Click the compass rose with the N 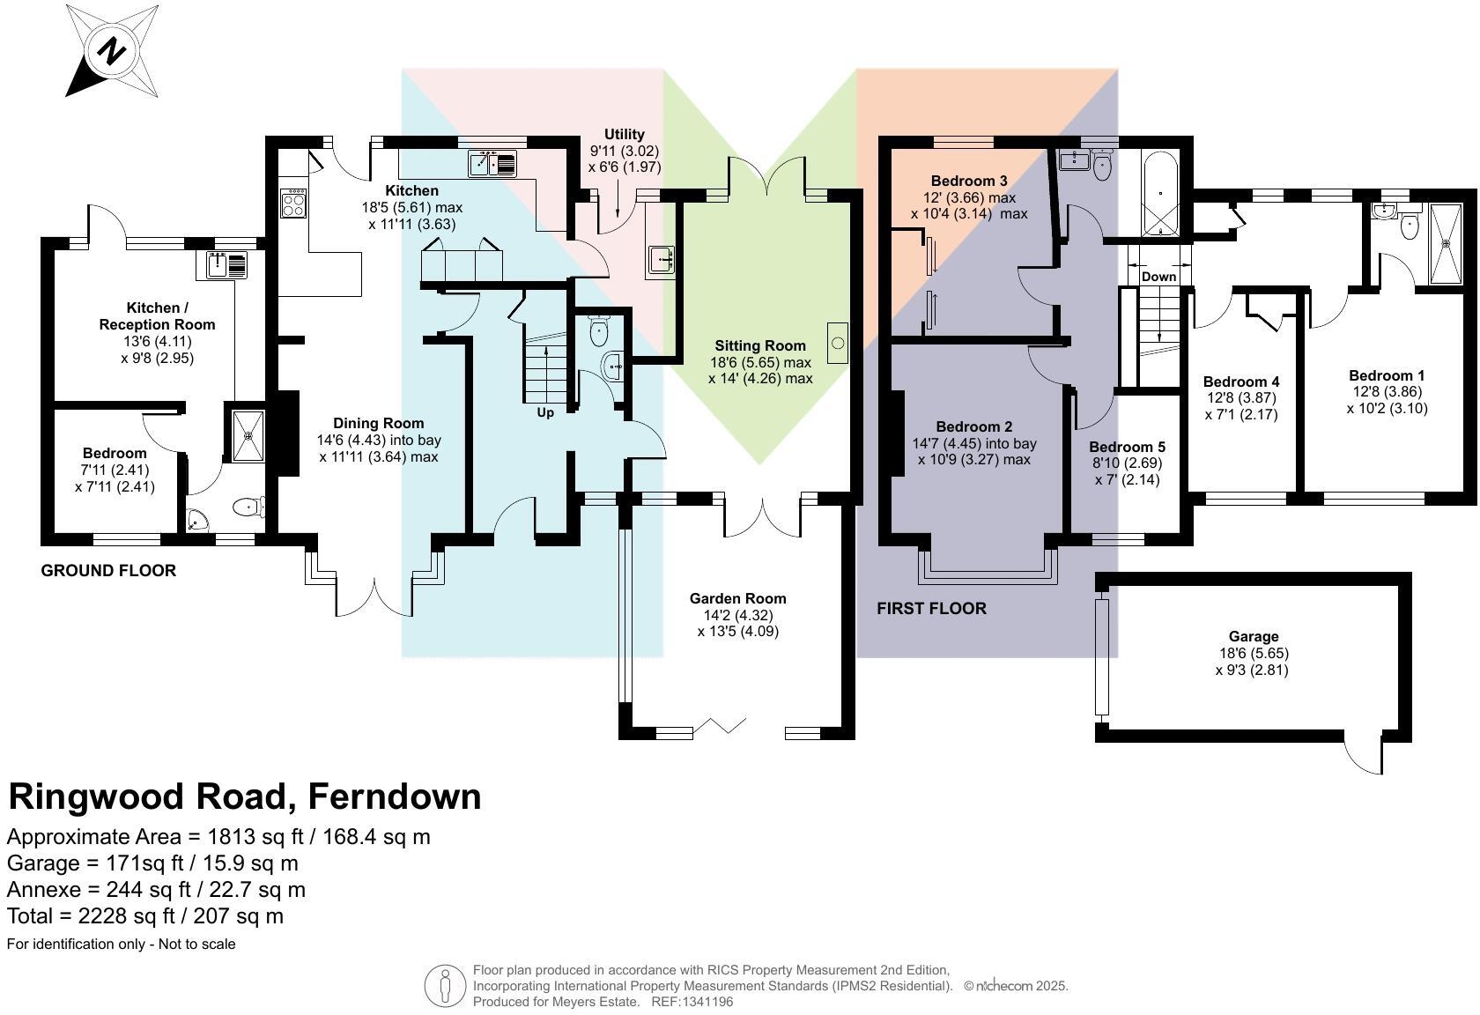click(x=113, y=51)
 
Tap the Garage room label click(x=1253, y=636)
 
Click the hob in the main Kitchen click(x=293, y=204)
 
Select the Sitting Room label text click(x=759, y=345)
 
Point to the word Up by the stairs click(x=545, y=412)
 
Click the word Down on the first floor click(x=1158, y=277)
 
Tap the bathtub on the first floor click(x=1159, y=196)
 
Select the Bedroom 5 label click(x=1127, y=447)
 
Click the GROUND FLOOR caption click(x=108, y=570)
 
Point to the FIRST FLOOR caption click(x=931, y=608)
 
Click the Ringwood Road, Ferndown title click(x=245, y=796)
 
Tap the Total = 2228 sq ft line click(x=145, y=915)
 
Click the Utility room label click(x=624, y=135)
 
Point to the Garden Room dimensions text click(x=737, y=623)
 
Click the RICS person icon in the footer click(x=446, y=986)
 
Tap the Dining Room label click(x=378, y=423)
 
